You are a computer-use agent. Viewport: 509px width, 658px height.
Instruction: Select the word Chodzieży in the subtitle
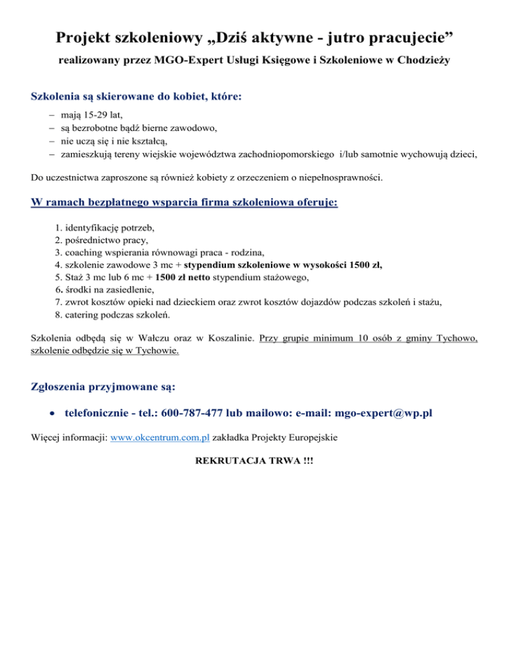[x=424, y=62]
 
